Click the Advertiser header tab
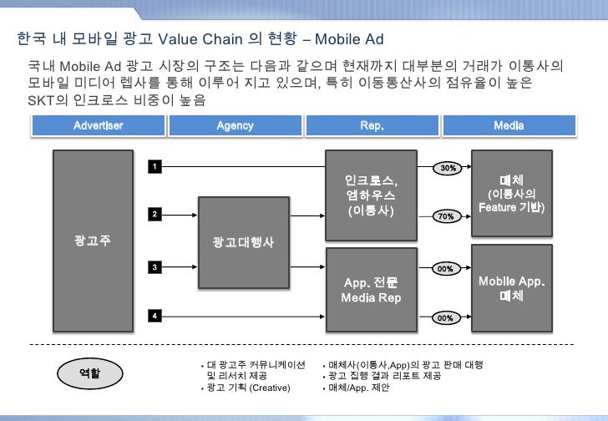98,125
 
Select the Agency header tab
235,125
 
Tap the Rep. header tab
371,125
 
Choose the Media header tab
509,125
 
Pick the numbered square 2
154,215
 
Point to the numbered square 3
154,266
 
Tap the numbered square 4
154,315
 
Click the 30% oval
447,168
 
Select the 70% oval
447,216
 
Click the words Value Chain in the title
200,38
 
